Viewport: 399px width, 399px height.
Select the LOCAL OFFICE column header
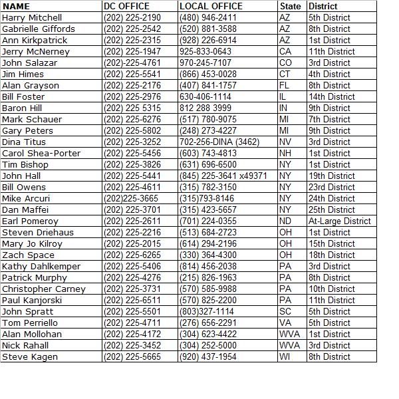(x=211, y=6)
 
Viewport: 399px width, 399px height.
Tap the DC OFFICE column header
(x=127, y=6)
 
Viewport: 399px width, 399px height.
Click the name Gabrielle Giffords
(x=39, y=29)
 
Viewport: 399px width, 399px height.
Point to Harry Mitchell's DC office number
(x=132, y=17)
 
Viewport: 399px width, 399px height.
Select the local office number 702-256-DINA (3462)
(x=219, y=142)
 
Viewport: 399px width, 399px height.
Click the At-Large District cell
(x=340, y=221)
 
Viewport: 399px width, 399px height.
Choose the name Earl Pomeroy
(x=30, y=221)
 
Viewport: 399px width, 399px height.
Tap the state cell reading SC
(x=285, y=311)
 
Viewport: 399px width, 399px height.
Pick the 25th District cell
(x=331, y=209)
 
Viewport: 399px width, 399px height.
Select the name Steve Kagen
(x=30, y=356)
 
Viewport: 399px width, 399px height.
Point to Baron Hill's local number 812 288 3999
(x=205, y=108)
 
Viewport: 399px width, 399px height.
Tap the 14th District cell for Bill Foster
(x=331, y=96)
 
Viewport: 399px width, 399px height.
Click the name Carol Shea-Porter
(x=41, y=153)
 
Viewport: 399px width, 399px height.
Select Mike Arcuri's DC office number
(x=131, y=198)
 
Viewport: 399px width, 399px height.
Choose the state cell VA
(x=285, y=323)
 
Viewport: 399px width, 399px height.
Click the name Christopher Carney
(x=44, y=289)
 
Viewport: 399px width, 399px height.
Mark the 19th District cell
(x=331, y=176)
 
